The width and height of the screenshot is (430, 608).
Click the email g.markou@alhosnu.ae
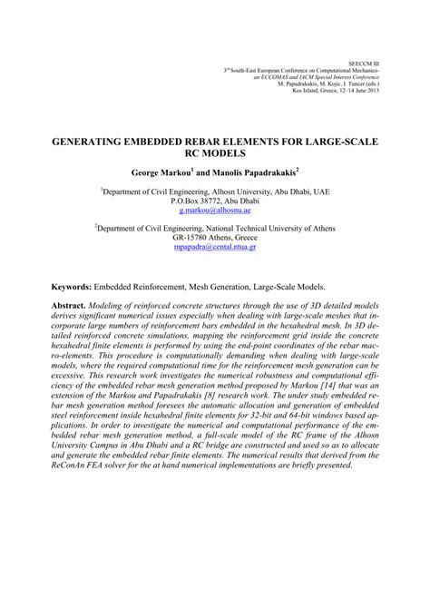(x=214, y=208)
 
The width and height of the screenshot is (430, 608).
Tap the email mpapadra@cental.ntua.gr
(x=214, y=246)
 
